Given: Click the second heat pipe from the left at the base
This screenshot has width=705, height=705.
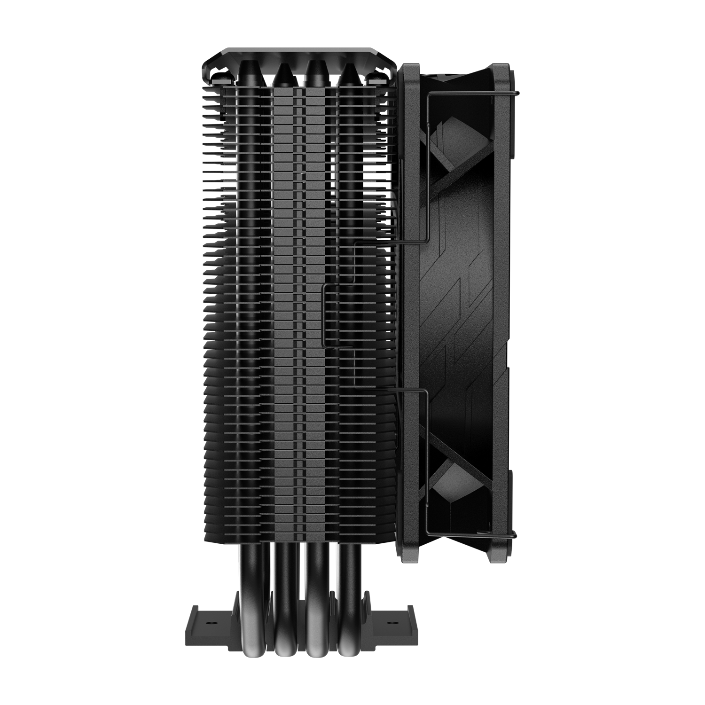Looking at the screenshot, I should (282, 630).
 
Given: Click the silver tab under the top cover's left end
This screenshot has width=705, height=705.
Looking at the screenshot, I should (214, 80).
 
